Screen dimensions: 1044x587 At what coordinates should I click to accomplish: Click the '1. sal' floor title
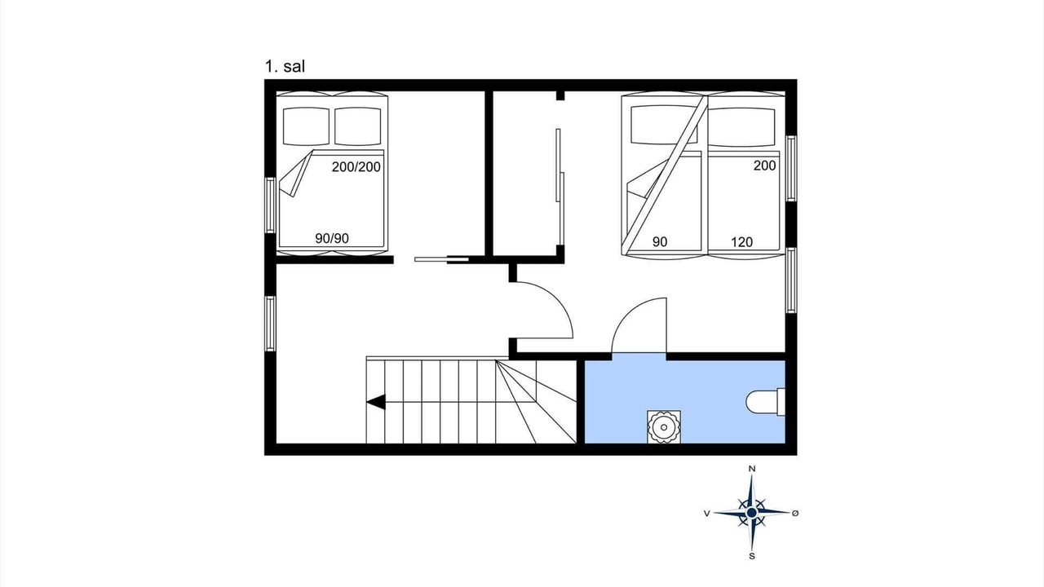tap(285, 67)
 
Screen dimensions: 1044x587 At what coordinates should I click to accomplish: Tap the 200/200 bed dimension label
tap(356, 167)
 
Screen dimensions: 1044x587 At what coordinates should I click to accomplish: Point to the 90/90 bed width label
tap(332, 239)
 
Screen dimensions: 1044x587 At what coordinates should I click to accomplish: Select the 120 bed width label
tap(741, 242)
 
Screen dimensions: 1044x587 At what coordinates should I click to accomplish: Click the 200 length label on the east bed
tap(765, 166)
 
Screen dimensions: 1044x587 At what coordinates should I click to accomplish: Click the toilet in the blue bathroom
tap(765, 402)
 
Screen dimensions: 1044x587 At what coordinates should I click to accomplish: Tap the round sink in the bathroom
tap(664, 426)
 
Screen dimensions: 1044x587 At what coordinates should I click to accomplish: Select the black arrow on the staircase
tap(376, 402)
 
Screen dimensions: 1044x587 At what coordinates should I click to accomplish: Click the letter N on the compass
tap(752, 469)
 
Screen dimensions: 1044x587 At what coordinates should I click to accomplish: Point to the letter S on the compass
tap(752, 556)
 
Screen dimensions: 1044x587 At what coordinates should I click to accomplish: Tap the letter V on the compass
tap(707, 514)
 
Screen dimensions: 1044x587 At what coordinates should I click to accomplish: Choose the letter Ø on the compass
tap(795, 513)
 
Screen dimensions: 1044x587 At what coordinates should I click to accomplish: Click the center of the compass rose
tap(751, 513)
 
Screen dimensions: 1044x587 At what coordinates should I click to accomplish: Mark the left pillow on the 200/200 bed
tap(306, 126)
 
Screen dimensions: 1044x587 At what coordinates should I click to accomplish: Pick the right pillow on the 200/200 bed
tap(358, 126)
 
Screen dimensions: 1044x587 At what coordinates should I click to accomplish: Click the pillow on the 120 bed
tap(741, 126)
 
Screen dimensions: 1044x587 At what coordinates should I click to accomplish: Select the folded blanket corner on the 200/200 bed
tap(295, 174)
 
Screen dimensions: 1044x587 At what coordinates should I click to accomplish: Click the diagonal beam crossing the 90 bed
tap(665, 175)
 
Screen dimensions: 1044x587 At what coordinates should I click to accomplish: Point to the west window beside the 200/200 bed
tap(270, 205)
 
